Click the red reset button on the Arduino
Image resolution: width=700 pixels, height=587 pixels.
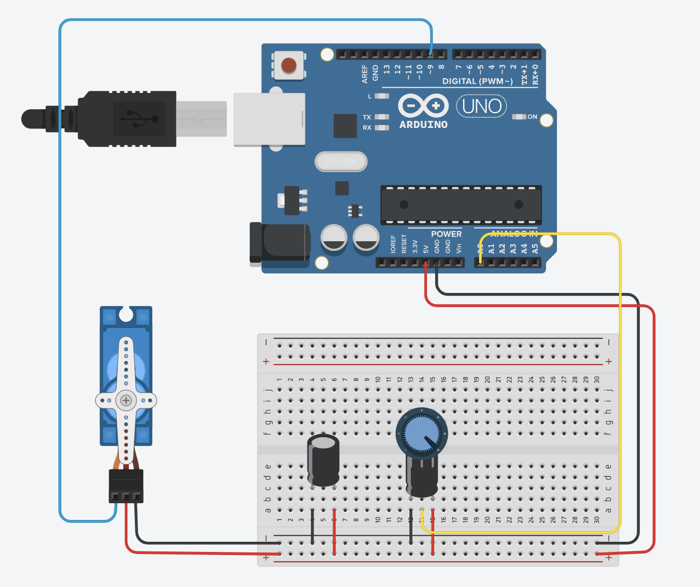pos(289,66)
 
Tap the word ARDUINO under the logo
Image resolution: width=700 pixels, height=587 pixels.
pos(424,124)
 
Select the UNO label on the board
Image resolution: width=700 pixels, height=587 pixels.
pos(481,107)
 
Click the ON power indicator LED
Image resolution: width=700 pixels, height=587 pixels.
pos(518,117)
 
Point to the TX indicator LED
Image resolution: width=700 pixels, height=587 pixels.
pos(381,117)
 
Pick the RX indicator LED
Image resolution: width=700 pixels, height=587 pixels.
pos(381,128)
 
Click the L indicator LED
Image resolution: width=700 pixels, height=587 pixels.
pos(381,96)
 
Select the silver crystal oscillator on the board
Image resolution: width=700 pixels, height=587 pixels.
pos(341,161)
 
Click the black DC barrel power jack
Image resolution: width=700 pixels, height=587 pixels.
pos(280,244)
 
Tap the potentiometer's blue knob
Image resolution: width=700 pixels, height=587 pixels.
pos(421,433)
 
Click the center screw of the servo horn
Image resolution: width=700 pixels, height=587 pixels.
pos(126,401)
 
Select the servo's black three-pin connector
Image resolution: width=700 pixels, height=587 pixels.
pos(126,485)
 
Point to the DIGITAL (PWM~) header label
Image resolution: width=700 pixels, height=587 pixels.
pos(477,81)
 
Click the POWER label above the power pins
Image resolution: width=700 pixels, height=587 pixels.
pos(446,234)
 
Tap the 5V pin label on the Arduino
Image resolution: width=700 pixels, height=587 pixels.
pos(426,248)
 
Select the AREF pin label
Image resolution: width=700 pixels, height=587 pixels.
pos(365,74)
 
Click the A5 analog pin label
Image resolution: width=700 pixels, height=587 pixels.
pos(535,248)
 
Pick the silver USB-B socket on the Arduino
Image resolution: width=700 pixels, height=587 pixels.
pos(269,120)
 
